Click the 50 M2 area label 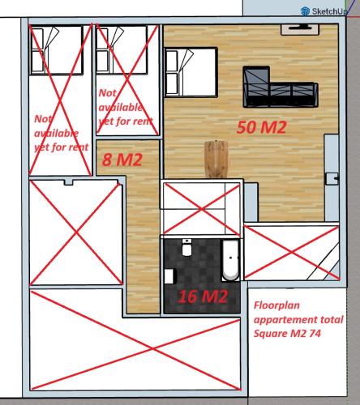(261, 127)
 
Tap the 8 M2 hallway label (122, 160)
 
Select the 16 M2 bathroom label (203, 296)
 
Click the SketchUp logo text (329, 11)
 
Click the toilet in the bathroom (186, 247)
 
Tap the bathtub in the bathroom (230, 260)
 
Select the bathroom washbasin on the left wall (169, 276)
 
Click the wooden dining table (216, 159)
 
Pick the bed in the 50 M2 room (191, 72)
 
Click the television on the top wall (300, 29)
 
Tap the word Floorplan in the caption (276, 305)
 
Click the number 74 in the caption (315, 334)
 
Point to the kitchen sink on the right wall (332, 178)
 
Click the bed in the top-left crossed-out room (56, 50)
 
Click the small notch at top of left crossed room (69, 183)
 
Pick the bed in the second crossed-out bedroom (122, 49)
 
